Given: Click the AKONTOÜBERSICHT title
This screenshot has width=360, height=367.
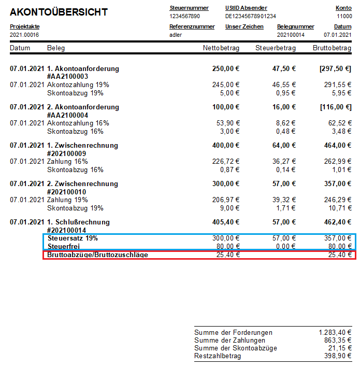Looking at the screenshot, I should click(x=59, y=12).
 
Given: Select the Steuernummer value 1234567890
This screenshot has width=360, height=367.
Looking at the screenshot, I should click(x=185, y=16).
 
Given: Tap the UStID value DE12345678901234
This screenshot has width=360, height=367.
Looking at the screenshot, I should click(x=251, y=16).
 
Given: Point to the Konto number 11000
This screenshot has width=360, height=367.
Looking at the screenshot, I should click(x=344, y=16).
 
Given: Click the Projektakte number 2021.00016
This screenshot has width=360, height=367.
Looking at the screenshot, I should click(x=24, y=35).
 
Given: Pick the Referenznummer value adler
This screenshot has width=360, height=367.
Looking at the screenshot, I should click(x=176, y=35).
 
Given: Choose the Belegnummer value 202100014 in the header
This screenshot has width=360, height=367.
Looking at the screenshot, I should click(x=291, y=35).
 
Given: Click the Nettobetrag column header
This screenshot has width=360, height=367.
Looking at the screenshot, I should click(x=221, y=48).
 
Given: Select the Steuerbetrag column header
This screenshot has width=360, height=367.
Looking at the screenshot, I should click(x=276, y=48).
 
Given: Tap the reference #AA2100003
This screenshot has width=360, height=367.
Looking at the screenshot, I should click(x=67, y=77).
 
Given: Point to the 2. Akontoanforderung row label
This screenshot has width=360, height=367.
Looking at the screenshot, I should click(x=83, y=107).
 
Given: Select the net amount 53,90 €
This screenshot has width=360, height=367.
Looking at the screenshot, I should click(x=226, y=123).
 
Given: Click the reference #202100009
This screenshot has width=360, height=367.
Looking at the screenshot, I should click(x=67, y=153).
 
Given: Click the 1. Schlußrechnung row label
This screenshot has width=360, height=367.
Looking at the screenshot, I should click(x=78, y=222).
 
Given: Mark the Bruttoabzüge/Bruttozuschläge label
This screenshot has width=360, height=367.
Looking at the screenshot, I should click(x=97, y=255).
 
